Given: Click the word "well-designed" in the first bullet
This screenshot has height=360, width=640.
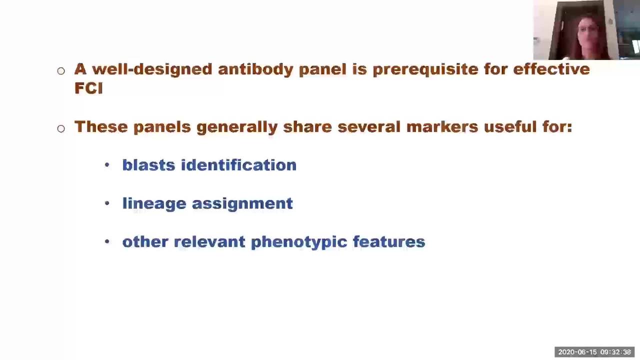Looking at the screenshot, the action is (152, 69).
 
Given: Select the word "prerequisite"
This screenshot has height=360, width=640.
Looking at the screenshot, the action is (425, 70).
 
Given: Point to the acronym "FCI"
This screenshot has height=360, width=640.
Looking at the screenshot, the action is (88, 88).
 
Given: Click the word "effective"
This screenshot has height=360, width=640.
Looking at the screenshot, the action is (551, 69).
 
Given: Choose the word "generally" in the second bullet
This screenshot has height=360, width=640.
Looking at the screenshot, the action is (237, 127).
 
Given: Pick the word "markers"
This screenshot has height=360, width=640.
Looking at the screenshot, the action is (442, 127).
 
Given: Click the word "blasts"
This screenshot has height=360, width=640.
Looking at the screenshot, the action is (148, 165).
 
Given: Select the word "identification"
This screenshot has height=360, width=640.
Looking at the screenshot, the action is (239, 165).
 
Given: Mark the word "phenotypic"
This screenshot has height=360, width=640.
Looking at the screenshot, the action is (299, 242).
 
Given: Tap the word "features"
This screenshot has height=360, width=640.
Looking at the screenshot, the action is (389, 241).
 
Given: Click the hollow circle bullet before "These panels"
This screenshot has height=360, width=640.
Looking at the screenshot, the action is (61, 128).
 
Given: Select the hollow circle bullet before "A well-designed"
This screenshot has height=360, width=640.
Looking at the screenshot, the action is (61, 71).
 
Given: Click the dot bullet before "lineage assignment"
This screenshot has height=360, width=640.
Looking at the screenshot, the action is (107, 203).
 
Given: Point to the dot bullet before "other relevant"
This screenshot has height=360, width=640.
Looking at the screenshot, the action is (107, 241).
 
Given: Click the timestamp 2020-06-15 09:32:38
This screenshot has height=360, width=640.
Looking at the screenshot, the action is (594, 352).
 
